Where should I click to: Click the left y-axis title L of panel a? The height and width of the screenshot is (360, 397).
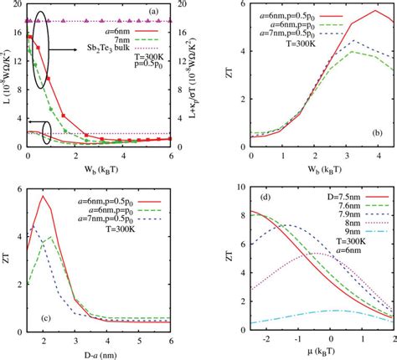point(7,76)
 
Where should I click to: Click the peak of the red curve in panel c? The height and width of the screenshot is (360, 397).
point(42,196)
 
